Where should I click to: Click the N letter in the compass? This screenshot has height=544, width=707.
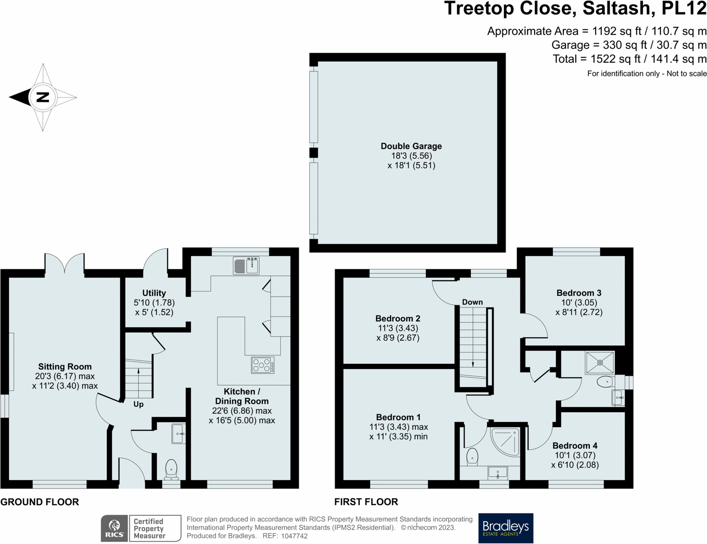pyautogui.click(x=42, y=97)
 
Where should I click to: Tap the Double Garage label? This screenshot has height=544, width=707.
pyautogui.click(x=411, y=146)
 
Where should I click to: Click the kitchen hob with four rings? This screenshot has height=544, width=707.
pyautogui.click(x=263, y=365)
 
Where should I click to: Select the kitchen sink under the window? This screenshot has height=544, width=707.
pyautogui.click(x=246, y=266)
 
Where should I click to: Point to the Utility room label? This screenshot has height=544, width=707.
pyautogui.click(x=154, y=293)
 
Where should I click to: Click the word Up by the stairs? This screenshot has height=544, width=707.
pyautogui.click(x=138, y=404)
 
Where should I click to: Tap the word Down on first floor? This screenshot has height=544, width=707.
pyautogui.click(x=472, y=302)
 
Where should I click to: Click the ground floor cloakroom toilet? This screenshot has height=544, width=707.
pyautogui.click(x=171, y=469)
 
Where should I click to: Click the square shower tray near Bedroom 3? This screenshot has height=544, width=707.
pyautogui.click(x=600, y=363)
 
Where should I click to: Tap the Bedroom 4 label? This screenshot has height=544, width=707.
pyautogui.click(x=575, y=445)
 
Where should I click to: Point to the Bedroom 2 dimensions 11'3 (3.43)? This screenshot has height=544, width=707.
pyautogui.click(x=398, y=328)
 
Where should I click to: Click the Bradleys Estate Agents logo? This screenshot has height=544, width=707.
pyautogui.click(x=506, y=528)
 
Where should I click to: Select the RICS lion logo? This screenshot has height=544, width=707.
pyautogui.click(x=114, y=528)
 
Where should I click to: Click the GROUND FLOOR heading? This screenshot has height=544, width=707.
pyautogui.click(x=40, y=502)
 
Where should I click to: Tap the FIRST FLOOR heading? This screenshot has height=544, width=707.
pyautogui.click(x=366, y=502)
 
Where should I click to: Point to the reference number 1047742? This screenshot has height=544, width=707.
pyautogui.click(x=294, y=536)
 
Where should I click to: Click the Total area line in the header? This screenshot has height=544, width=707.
pyautogui.click(x=629, y=59)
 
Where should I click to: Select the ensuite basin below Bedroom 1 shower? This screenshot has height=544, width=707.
pyautogui.click(x=498, y=473)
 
